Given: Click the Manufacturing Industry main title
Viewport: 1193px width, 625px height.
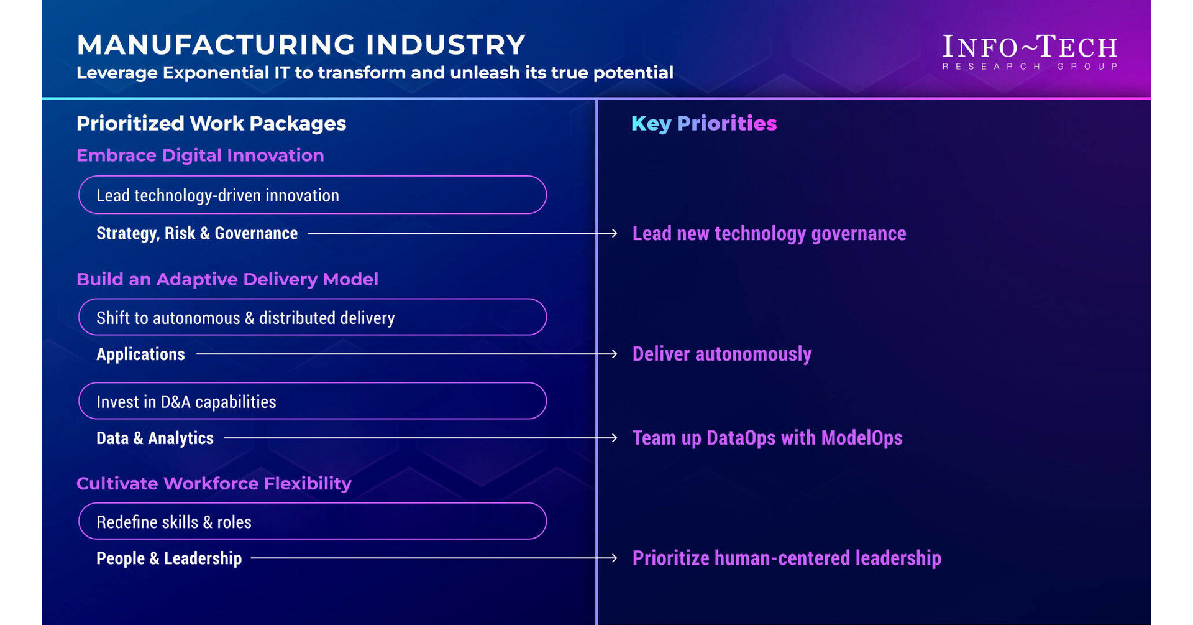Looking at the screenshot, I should [x=301, y=45].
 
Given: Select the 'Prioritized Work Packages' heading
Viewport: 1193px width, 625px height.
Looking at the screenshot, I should [x=211, y=123].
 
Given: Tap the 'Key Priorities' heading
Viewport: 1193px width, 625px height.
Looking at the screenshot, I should [x=704, y=123].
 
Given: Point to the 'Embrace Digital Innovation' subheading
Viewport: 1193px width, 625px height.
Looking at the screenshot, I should [x=200, y=155].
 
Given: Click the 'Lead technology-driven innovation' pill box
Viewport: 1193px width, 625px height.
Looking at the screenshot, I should [x=312, y=195].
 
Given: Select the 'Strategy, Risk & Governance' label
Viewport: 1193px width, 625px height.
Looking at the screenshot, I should [x=197, y=233].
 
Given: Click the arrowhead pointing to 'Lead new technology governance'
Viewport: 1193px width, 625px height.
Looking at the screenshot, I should [x=613, y=233].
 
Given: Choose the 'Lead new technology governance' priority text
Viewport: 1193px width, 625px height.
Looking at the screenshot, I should [x=769, y=233].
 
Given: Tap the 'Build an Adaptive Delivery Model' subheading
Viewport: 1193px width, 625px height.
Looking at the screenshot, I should [x=227, y=279].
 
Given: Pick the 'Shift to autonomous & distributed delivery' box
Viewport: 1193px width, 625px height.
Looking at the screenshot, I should [x=312, y=317].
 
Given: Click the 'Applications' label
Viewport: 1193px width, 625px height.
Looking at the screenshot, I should [x=140, y=354].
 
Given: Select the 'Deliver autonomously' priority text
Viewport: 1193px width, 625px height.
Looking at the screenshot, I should [x=722, y=354].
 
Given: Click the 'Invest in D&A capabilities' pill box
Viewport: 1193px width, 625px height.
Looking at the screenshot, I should [x=312, y=401].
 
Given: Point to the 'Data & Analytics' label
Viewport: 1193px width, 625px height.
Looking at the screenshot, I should [x=155, y=438].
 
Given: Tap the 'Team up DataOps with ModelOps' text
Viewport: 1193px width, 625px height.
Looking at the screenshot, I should [x=767, y=438].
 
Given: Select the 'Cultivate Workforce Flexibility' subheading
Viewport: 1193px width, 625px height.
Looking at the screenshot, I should [x=214, y=483].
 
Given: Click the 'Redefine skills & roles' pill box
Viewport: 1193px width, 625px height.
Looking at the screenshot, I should [x=312, y=521].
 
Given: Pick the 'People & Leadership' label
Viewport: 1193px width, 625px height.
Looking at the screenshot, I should [x=169, y=558].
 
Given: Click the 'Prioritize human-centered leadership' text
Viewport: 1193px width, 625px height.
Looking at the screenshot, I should [x=787, y=558].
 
